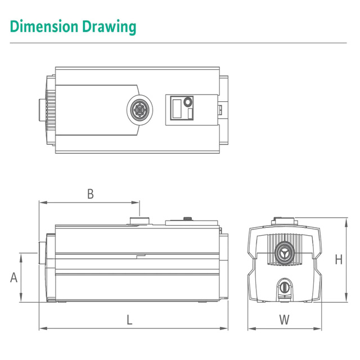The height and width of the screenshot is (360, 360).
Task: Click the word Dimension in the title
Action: pos(44,26)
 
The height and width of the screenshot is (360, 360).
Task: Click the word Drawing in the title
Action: pos(109,27)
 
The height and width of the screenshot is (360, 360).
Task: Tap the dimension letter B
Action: pos(91,193)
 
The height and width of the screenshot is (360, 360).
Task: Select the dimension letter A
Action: pos(13,277)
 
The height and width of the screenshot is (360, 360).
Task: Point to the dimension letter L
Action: pos(130,319)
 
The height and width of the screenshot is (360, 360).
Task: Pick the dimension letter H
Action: pos(339,259)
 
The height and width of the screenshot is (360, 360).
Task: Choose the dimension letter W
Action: pos(284,319)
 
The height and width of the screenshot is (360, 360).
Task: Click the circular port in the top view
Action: pos(139,110)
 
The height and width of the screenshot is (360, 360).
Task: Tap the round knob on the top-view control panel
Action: pos(188,102)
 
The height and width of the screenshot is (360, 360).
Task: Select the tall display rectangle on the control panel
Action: pos(177,109)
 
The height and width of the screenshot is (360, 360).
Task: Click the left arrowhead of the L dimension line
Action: pos(43,328)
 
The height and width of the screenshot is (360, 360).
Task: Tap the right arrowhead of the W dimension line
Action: pos(317,328)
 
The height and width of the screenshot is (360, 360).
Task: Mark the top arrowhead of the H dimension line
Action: pos(346,222)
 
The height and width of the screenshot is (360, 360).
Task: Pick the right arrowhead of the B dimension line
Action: pos(136,202)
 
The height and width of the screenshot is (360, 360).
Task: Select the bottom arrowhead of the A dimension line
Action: pos(21,298)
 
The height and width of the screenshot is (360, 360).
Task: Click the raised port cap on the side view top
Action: pos(139,220)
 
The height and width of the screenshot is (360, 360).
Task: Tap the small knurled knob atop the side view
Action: pos(188,218)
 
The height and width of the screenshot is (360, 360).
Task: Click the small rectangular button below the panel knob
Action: pos(190,114)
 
